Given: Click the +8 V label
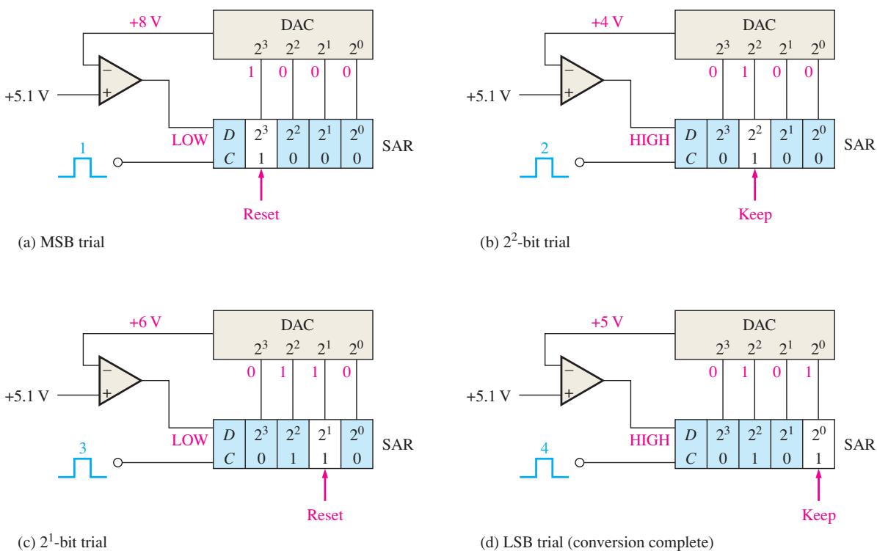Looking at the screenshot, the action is click(145, 23).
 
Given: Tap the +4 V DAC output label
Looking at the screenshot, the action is click(607, 23).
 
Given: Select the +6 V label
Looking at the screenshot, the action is click(145, 323).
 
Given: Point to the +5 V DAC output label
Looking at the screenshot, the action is click(607, 323).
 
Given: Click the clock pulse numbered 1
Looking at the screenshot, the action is click(82, 167).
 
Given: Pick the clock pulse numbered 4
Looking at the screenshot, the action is click(545, 467).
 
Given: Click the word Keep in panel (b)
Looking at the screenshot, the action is click(754, 215).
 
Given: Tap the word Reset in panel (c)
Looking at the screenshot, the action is click(325, 515).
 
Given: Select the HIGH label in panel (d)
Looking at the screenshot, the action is click(649, 440).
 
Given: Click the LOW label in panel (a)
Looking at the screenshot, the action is click(189, 140).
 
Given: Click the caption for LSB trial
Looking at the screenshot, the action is click(597, 542).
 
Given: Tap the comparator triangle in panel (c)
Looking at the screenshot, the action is click(120, 380).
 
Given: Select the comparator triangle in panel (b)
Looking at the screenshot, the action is click(582, 80).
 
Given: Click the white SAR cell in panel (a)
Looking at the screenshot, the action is click(261, 144).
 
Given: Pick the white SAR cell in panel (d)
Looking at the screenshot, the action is click(818, 444).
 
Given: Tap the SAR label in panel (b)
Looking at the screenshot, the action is click(859, 145).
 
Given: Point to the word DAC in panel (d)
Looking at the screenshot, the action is click(759, 325).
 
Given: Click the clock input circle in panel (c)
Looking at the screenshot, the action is click(118, 463).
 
